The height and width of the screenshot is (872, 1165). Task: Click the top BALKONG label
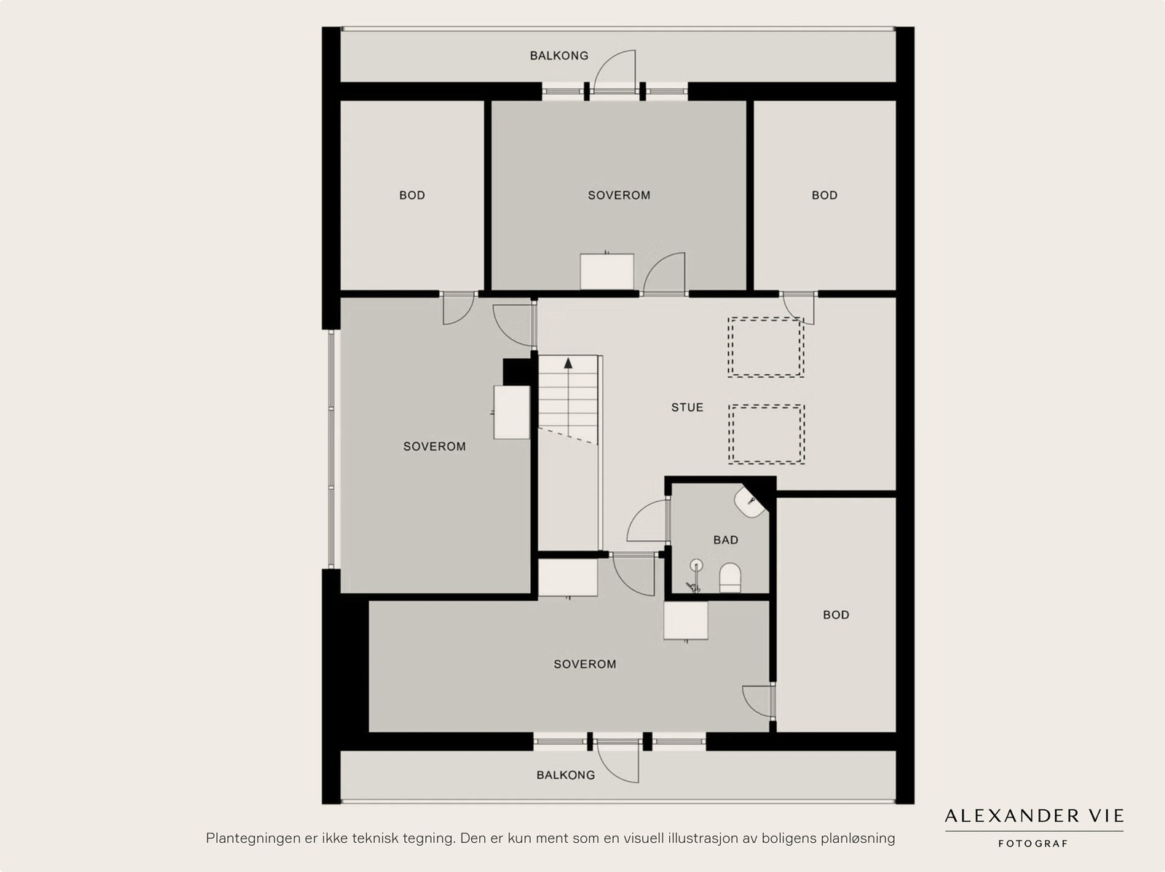click(558, 55)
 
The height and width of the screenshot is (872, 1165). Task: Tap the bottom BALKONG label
click(565, 775)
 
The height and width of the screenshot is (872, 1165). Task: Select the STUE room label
click(687, 408)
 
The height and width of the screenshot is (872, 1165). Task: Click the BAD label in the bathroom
click(725, 540)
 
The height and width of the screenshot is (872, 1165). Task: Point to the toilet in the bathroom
click(730, 578)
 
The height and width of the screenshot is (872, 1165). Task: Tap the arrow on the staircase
click(568, 362)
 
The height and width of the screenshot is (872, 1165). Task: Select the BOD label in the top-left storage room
click(411, 195)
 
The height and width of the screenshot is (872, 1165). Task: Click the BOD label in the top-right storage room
click(824, 195)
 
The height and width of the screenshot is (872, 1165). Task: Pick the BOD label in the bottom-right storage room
click(835, 615)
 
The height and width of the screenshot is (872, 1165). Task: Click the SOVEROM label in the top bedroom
click(619, 195)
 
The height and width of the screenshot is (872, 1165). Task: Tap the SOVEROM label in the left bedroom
click(434, 446)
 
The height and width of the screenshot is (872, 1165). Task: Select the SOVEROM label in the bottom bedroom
click(584, 664)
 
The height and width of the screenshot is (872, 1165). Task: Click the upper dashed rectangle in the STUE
click(765, 346)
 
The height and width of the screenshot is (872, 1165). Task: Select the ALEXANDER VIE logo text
click(1034, 816)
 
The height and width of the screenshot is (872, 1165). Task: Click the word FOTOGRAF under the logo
click(1033, 844)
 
